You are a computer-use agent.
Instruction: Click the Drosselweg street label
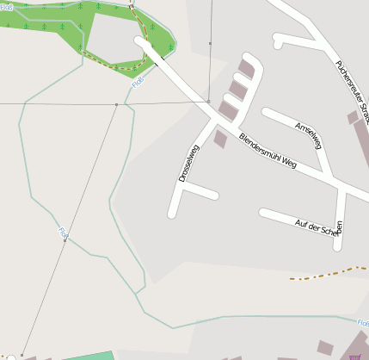(x=188, y=162)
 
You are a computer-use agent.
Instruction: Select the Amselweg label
(x=307, y=135)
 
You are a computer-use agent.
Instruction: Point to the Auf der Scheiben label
(x=319, y=227)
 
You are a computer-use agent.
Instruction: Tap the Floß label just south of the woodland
(x=138, y=83)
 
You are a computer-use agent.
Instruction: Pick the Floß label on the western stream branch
(x=63, y=232)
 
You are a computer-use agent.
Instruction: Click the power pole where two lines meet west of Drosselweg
(x=116, y=104)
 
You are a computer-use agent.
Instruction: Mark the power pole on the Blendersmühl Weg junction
(x=207, y=102)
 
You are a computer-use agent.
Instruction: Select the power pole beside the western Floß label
(x=64, y=241)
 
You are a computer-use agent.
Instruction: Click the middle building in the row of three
(x=237, y=90)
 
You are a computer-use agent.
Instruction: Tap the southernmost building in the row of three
(x=228, y=109)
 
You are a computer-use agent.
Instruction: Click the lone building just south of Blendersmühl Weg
(x=220, y=139)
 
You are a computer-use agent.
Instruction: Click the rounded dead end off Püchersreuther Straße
(x=278, y=39)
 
